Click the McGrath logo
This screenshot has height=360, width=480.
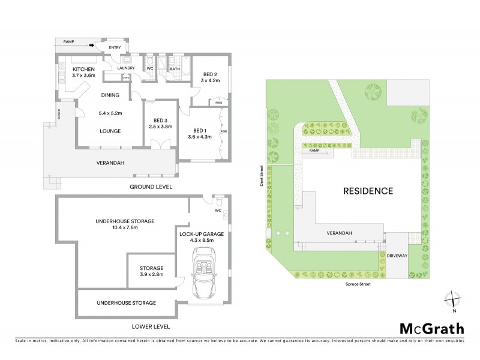(x=431, y=328)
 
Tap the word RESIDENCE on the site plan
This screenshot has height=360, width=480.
(x=368, y=191)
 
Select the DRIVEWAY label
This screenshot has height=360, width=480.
(x=399, y=254)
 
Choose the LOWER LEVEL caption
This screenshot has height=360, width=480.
(x=151, y=327)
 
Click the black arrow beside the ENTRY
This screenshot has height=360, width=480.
(x=92, y=44)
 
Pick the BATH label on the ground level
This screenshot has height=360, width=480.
(x=175, y=69)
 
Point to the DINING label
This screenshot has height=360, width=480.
(x=110, y=95)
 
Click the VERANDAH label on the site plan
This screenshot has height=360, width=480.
(x=339, y=233)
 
